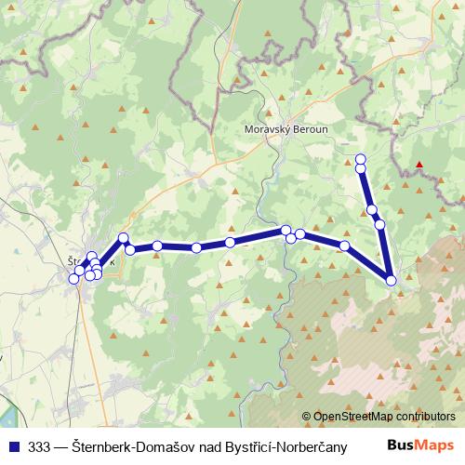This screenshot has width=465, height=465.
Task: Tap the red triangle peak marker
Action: (x=420, y=166)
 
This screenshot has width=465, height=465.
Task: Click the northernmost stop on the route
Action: (x=361, y=158)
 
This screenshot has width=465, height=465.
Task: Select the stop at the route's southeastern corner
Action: (x=392, y=279)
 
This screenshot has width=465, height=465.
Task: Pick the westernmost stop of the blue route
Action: (x=74, y=279)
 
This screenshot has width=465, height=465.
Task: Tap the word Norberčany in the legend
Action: (x=312, y=446)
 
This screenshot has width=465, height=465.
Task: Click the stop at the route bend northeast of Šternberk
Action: (x=124, y=238)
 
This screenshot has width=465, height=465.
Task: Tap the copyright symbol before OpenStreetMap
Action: (x=306, y=417)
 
